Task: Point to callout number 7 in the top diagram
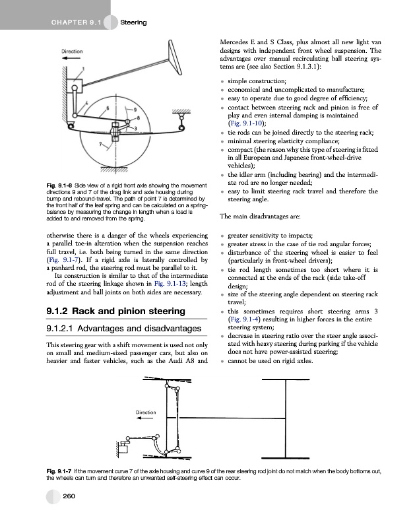[100, 143]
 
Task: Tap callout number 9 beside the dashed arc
[135, 109]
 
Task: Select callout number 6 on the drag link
[108, 107]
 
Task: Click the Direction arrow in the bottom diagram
[145, 420]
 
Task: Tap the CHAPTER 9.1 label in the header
[73, 24]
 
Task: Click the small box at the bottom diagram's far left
[123, 451]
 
